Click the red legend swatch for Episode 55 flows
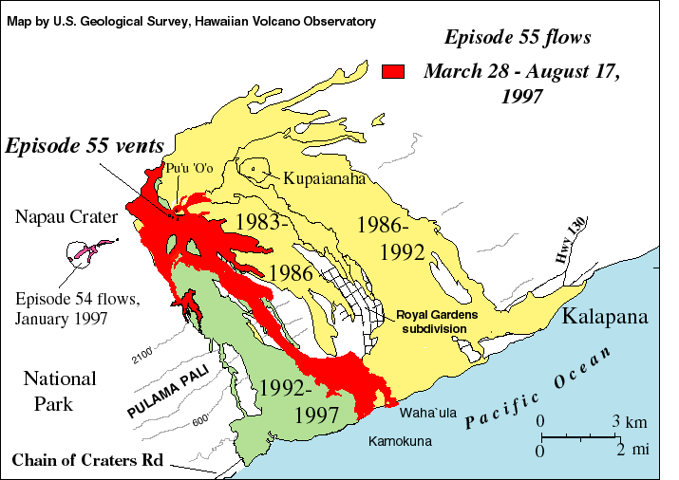[393, 71]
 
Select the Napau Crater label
[66, 217]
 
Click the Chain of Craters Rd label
[87, 461]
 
